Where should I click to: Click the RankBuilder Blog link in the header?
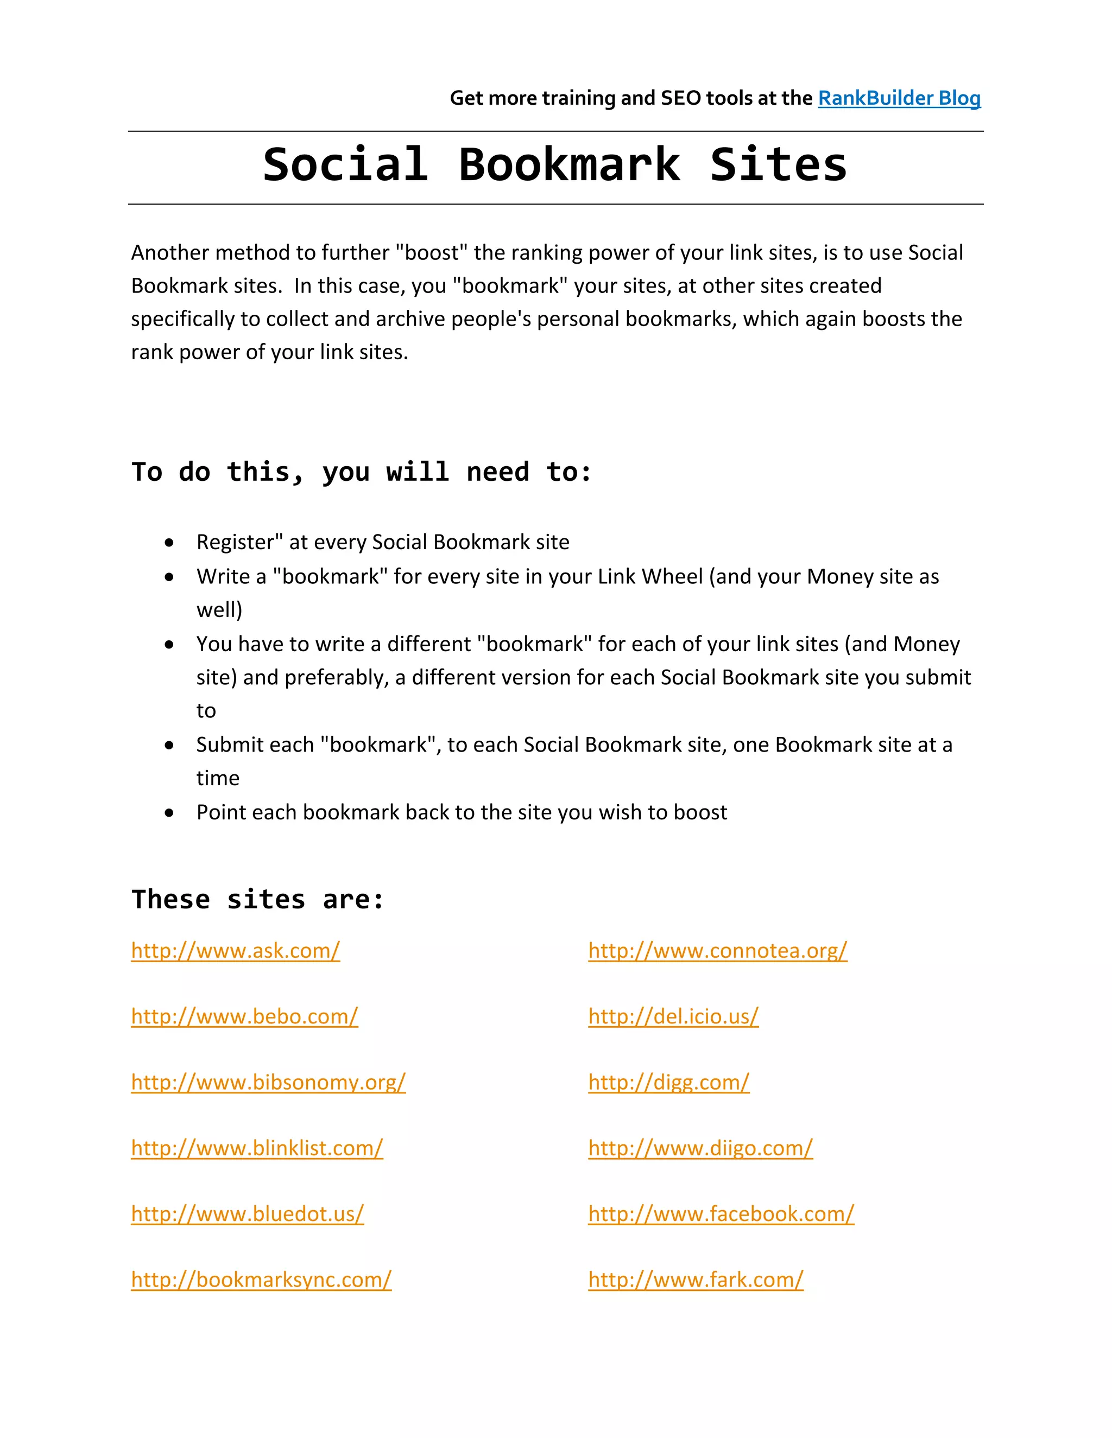coord(899,98)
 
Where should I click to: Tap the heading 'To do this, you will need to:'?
coord(361,472)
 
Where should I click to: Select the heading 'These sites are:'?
coord(257,899)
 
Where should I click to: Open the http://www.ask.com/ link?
coord(235,951)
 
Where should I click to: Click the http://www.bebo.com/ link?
coord(244,1016)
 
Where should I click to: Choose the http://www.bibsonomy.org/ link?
coord(268,1083)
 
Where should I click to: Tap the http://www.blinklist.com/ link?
coord(257,1148)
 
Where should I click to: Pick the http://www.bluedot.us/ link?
coord(247,1214)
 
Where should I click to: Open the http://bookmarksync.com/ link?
coord(261,1280)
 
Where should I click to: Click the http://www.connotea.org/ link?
coord(717,951)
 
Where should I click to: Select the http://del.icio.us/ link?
coord(673,1016)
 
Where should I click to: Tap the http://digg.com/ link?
coord(668,1083)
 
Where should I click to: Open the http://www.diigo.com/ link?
coord(700,1148)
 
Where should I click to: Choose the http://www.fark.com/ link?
coord(696,1280)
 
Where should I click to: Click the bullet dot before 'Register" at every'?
coord(169,543)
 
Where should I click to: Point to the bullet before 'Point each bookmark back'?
coord(169,813)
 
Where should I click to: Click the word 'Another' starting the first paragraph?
coord(170,253)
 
